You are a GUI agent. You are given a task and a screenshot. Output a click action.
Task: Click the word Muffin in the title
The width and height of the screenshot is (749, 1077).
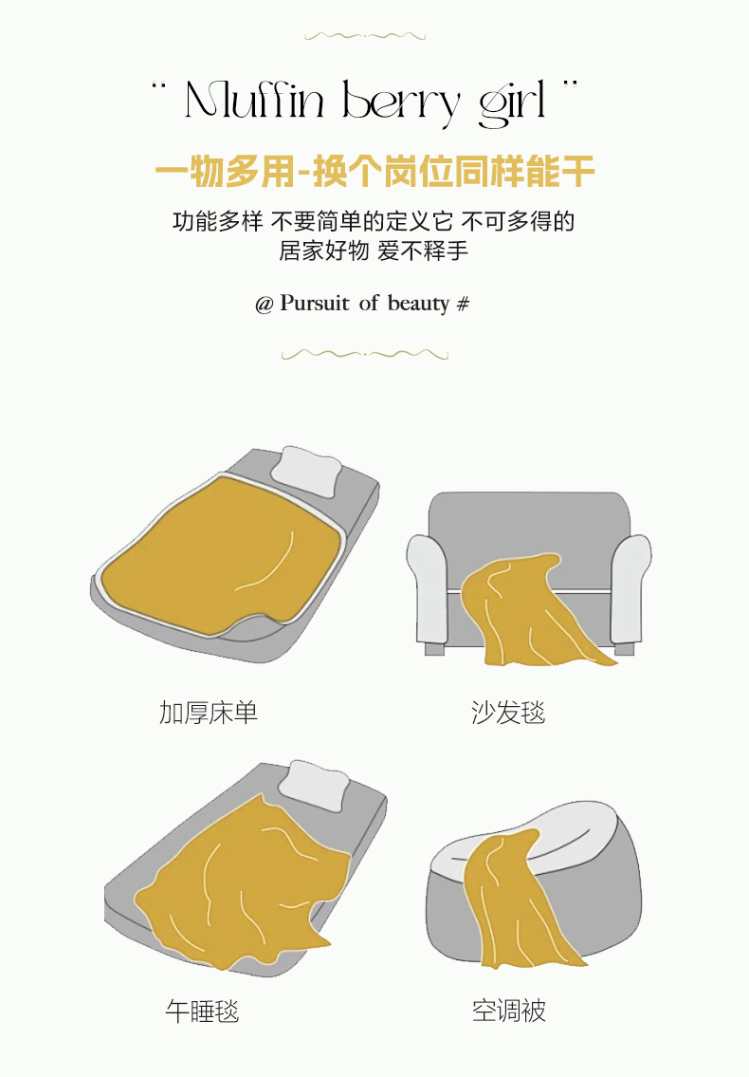[x=254, y=101]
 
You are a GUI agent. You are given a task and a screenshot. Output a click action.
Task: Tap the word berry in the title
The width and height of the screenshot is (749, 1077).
[x=400, y=103]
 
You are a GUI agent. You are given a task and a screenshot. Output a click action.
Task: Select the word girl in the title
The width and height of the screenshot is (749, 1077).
[x=512, y=103]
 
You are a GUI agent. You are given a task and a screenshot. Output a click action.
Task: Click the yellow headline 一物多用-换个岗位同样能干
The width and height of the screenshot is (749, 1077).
[x=374, y=171]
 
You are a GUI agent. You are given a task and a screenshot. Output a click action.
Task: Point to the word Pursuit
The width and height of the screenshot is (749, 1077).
[x=315, y=303]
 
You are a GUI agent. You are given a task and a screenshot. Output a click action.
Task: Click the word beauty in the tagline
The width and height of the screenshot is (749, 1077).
[x=418, y=304]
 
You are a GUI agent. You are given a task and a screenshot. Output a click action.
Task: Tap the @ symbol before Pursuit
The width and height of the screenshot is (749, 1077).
[x=265, y=305]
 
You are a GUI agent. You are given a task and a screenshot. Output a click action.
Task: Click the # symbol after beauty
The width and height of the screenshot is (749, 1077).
[x=464, y=304]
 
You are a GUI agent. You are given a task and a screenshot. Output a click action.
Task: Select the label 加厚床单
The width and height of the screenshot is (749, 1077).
[x=209, y=713]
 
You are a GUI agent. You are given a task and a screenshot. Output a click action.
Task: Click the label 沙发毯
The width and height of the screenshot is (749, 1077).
[x=509, y=713]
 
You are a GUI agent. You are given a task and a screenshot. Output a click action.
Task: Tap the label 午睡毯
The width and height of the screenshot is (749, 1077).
[x=203, y=1012]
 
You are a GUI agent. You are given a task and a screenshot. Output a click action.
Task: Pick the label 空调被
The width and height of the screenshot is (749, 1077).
[x=509, y=1011]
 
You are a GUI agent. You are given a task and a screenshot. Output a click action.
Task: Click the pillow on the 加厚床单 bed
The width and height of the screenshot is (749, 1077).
[x=306, y=471]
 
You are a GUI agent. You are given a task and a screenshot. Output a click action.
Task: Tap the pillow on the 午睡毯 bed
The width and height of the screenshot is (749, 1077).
[x=316, y=783]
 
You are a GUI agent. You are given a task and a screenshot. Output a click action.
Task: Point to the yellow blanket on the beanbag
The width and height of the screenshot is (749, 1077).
[x=517, y=900]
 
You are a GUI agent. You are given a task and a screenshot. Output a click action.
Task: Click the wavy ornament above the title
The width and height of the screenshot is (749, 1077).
[x=365, y=36]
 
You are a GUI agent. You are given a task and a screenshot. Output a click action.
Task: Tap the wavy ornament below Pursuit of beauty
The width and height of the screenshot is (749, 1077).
[x=365, y=355]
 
